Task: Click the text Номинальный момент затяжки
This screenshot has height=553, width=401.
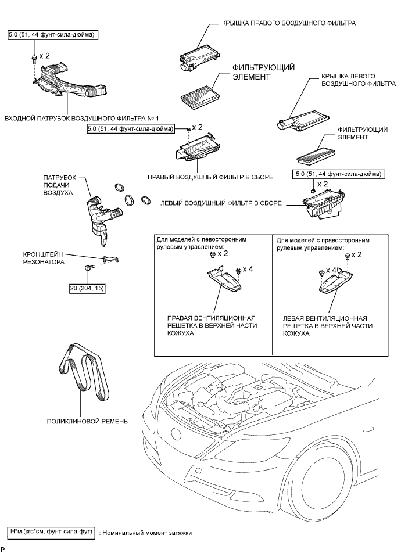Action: click(x=145, y=532)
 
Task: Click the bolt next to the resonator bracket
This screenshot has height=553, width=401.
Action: click(x=88, y=268)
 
